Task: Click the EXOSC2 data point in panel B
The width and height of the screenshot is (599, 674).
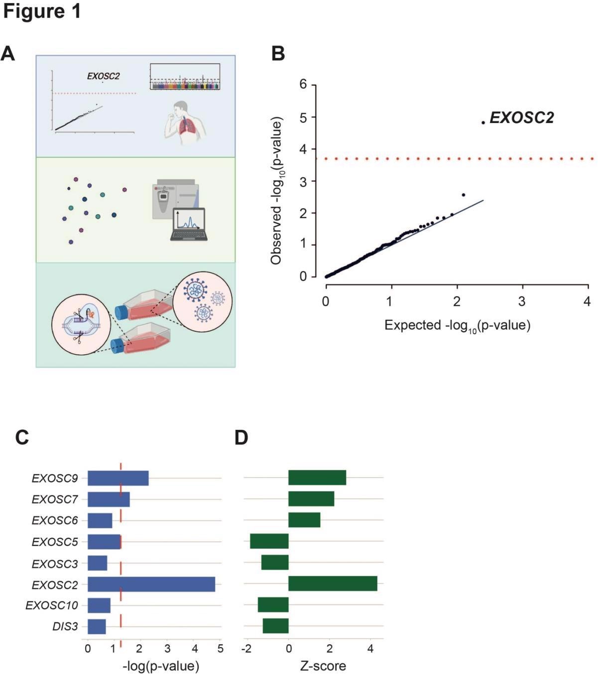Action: click(x=483, y=123)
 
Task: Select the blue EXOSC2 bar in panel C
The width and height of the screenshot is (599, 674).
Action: click(x=151, y=584)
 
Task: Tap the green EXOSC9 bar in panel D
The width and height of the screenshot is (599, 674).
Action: click(x=317, y=477)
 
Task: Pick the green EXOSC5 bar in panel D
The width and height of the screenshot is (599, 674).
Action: click(x=269, y=541)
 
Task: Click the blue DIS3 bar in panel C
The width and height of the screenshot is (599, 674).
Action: click(x=97, y=627)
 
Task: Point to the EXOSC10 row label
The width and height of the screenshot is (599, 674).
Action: click(x=52, y=606)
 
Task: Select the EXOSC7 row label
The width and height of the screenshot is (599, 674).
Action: click(x=55, y=499)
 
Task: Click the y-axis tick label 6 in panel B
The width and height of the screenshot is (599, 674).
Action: click(x=303, y=85)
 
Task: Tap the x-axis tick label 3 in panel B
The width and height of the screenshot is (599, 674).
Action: click(x=522, y=301)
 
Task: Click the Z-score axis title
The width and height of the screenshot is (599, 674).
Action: click(x=323, y=666)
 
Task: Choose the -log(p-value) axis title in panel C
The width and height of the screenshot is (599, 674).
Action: click(x=161, y=666)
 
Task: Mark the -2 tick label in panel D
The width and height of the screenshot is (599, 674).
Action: click(x=246, y=649)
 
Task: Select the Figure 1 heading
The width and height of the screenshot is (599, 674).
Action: click(x=42, y=12)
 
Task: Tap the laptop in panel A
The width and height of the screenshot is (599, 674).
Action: click(x=189, y=225)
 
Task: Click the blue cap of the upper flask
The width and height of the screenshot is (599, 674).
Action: click(x=120, y=312)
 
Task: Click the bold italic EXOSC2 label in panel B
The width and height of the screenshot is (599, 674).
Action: click(x=522, y=118)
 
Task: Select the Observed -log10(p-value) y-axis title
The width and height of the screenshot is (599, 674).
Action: click(x=276, y=191)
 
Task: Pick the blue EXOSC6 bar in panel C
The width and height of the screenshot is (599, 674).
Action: click(x=100, y=521)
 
